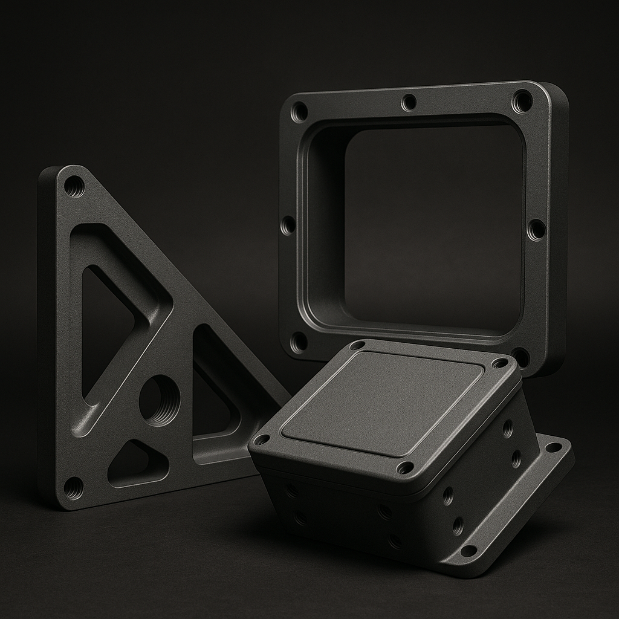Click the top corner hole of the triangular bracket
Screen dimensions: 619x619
click(x=74, y=187)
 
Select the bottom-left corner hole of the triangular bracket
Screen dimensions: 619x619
click(x=74, y=487)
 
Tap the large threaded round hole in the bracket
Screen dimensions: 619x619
click(x=160, y=400)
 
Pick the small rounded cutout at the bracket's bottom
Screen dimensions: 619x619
click(x=134, y=464)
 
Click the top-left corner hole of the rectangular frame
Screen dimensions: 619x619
click(x=299, y=112)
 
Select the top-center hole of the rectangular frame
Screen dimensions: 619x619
click(x=409, y=102)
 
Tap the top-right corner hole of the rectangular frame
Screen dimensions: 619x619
click(x=522, y=101)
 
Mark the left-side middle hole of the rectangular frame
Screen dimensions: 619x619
click(x=288, y=226)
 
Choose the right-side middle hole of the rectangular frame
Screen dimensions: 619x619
click(x=536, y=230)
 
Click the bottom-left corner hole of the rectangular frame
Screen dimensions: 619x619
click(x=298, y=342)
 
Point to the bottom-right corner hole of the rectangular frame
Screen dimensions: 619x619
click(x=520, y=357)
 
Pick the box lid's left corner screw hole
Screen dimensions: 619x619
click(x=262, y=439)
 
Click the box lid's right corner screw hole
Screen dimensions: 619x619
click(x=500, y=363)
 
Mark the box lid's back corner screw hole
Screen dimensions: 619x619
click(x=358, y=346)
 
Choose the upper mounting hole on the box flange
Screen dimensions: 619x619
click(x=554, y=448)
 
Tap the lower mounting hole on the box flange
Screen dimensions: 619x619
click(x=468, y=551)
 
